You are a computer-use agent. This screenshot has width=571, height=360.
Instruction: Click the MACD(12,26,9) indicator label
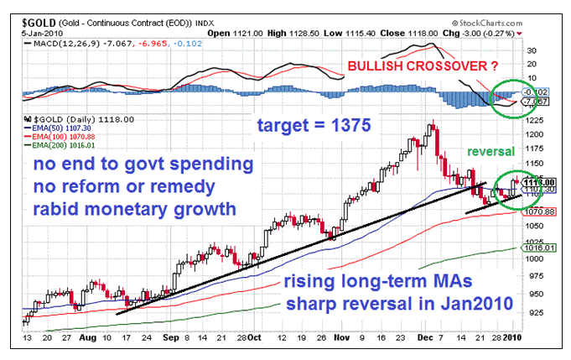61,40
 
